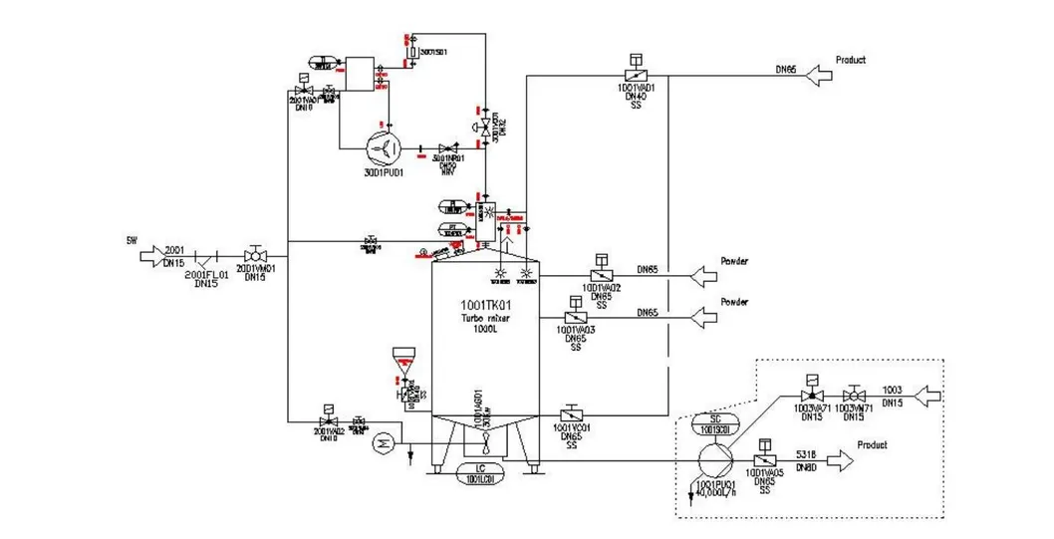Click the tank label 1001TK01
(x=484, y=304)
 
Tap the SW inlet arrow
(x=148, y=255)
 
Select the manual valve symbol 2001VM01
(x=257, y=255)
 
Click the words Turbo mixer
(x=484, y=318)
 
